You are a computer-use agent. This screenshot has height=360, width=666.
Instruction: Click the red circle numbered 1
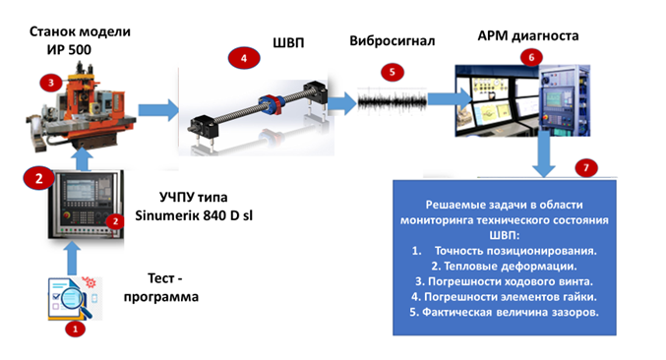[x=76, y=329]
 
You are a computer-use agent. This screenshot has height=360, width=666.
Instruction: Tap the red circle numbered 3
[x=51, y=83]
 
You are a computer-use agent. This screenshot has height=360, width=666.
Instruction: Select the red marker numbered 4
[x=244, y=58]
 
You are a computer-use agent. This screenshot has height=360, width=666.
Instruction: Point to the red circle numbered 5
[x=393, y=72]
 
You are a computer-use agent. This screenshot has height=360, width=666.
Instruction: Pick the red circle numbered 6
[x=531, y=57]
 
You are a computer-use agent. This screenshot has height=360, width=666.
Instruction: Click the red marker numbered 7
[x=586, y=167]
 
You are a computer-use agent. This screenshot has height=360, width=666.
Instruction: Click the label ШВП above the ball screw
[x=288, y=43]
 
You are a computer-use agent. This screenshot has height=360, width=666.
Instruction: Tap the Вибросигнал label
[x=393, y=40]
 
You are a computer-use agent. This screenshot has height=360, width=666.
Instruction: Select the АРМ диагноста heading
[x=528, y=36]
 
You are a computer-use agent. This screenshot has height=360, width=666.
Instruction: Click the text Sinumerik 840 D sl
[x=194, y=215]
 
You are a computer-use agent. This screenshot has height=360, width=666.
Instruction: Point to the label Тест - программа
[x=161, y=287]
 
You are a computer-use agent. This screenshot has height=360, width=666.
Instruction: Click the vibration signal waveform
[x=393, y=101]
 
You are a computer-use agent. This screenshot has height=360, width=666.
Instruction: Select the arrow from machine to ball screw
[x=158, y=110]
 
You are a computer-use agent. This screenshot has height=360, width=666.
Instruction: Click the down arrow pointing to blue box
[x=544, y=153]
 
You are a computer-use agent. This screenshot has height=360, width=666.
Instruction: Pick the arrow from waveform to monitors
[x=450, y=99]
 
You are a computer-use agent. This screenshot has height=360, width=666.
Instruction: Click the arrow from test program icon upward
[x=73, y=259]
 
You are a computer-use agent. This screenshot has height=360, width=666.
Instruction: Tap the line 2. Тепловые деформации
[x=504, y=267]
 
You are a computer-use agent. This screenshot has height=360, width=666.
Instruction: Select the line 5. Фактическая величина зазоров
[x=504, y=313]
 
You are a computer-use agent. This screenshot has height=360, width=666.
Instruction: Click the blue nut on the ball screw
[x=271, y=104]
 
